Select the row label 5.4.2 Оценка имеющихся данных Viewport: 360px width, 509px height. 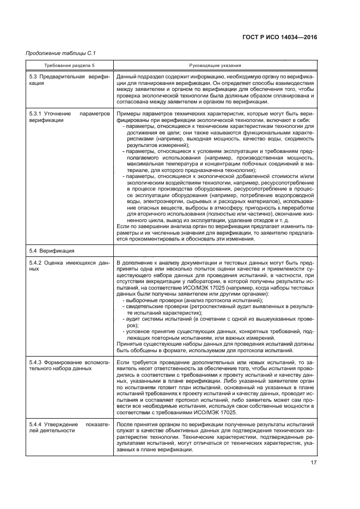click(x=70, y=266)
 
